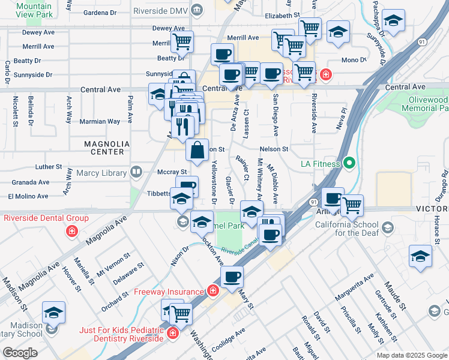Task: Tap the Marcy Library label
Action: [101, 173]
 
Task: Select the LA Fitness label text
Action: [321, 163]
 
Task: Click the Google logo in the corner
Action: [20, 352]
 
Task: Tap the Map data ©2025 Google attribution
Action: [411, 355]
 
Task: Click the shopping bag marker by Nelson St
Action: [197, 151]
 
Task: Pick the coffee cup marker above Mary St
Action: [232, 278]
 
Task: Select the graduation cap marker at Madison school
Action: [53, 313]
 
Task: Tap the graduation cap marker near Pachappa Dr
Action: [393, 21]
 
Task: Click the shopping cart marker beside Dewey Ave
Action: [182, 42]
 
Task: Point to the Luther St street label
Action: [49, 167]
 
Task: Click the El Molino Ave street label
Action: [28, 196]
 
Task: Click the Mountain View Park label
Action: [34, 9]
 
